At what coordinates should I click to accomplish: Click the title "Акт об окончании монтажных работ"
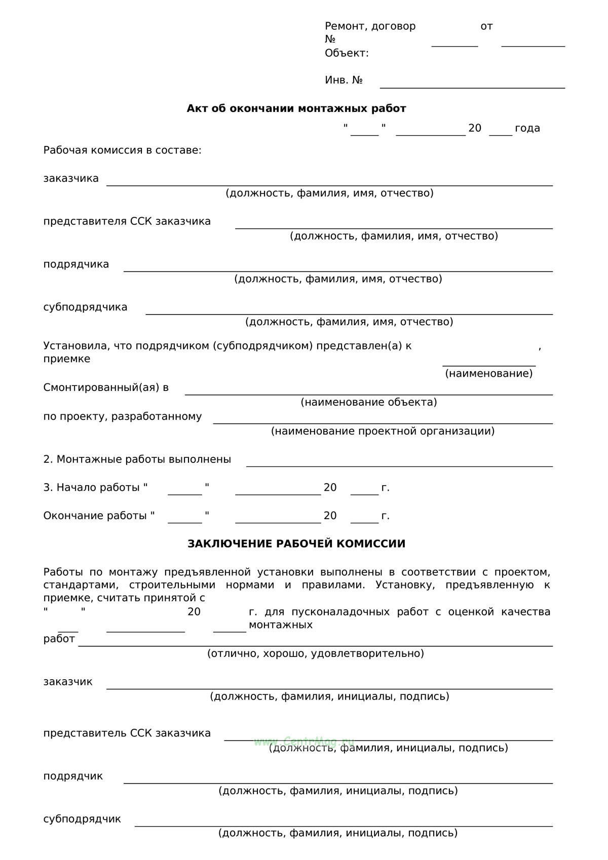pos(296,108)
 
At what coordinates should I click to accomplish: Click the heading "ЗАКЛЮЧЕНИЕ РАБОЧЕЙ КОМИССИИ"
pos(296,544)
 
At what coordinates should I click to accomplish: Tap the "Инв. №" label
pos(344,80)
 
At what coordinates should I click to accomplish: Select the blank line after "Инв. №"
pos(472,87)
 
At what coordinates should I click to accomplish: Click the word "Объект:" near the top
pos(347,53)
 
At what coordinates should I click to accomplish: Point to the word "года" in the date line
pos(527,128)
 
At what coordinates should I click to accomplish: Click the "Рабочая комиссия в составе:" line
pos(122,150)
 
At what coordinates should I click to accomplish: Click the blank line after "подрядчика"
pos(338,270)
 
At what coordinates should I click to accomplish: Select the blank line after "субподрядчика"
pos(349,314)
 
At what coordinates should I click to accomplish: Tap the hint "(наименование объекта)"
pos(369,402)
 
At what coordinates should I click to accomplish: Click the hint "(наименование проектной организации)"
pos(383,431)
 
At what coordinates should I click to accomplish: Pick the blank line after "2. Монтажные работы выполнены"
pos(399,465)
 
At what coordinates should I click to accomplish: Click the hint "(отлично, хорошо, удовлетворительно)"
pos(315,653)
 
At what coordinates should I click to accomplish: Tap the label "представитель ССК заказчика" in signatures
pos(127,733)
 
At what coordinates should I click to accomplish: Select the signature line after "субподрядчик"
pos(344,826)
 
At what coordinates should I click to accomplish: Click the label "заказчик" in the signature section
pos(68,682)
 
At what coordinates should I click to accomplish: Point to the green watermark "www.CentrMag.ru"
pos(304,741)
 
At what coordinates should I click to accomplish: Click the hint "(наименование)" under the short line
pos(489,374)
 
